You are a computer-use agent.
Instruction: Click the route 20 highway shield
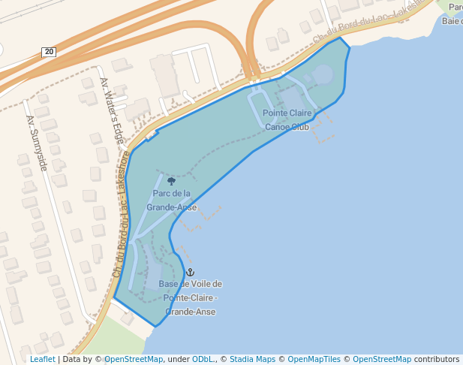pos(49,51)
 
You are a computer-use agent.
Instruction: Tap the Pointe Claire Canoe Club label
pos(287,119)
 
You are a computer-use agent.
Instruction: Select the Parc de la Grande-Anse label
pos(172,200)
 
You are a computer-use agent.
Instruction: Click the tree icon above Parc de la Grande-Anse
pos(172,181)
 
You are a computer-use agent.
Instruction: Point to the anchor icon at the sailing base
pos(190,271)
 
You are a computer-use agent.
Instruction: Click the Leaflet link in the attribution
pos(42,360)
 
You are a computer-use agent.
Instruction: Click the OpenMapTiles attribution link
pos(314,360)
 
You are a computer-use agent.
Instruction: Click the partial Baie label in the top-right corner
pos(452,20)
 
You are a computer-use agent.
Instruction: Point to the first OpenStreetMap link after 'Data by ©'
pos(134,360)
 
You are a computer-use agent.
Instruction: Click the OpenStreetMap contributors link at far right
pos(381,360)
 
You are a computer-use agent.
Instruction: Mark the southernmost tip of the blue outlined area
pos(156,327)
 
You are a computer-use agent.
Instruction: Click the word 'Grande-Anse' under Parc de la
pos(172,207)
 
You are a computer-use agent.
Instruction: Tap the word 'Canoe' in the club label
pos(278,127)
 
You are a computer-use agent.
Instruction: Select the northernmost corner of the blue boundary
pos(340,37)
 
